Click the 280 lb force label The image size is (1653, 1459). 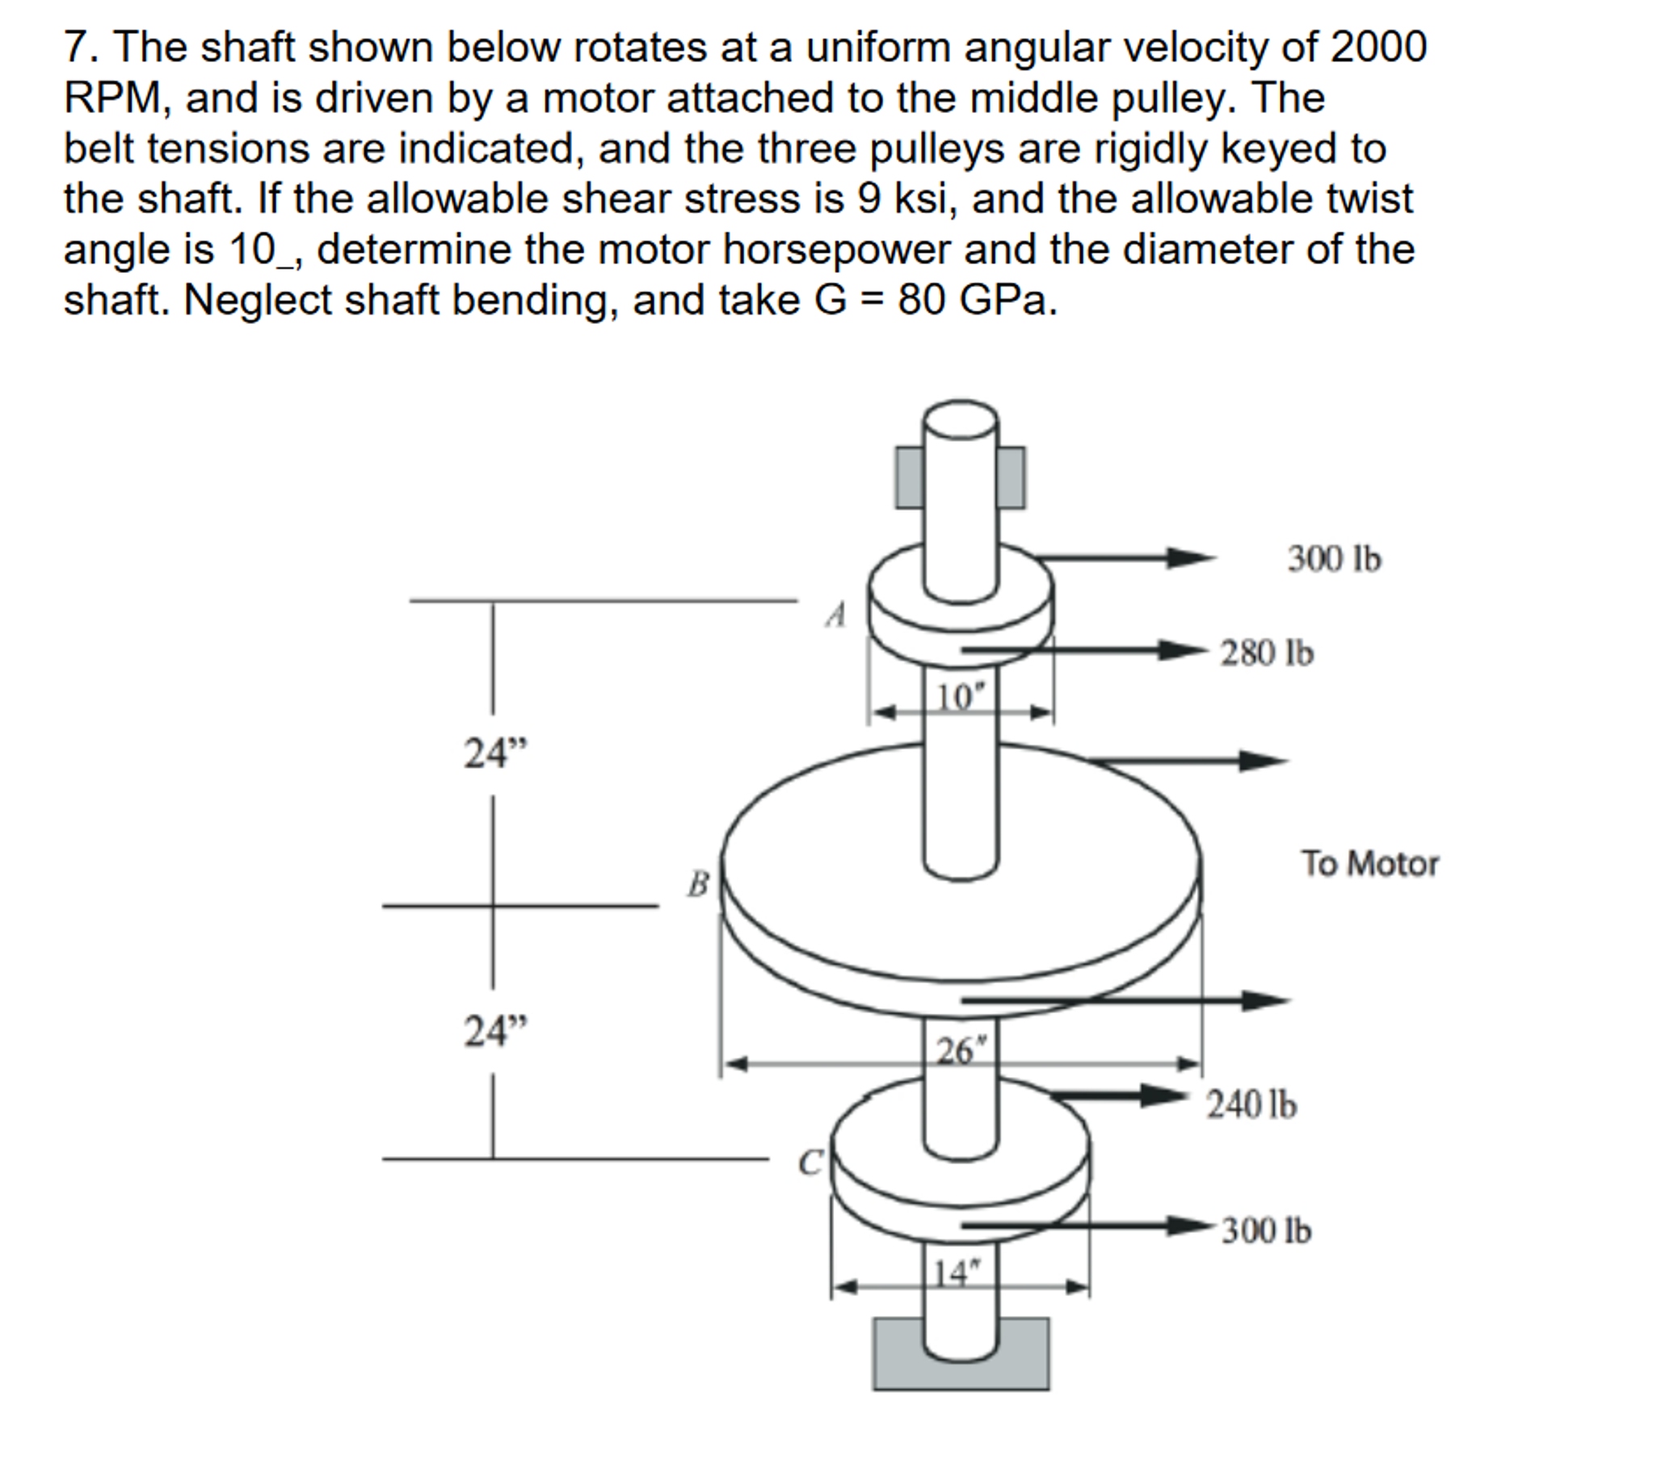coord(1267,653)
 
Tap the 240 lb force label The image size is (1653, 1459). coord(1251,1105)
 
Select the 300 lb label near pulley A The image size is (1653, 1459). coord(1335,560)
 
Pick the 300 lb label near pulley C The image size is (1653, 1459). coord(1266,1231)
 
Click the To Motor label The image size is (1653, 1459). coord(1369,864)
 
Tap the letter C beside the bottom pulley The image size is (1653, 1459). coord(810,1163)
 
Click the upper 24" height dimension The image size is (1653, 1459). coord(494,753)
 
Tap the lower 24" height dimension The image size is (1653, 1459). coord(494,1031)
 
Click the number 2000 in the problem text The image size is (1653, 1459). coord(1378,47)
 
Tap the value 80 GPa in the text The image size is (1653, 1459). coord(976,300)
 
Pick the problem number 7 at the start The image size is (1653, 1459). coord(76,47)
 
